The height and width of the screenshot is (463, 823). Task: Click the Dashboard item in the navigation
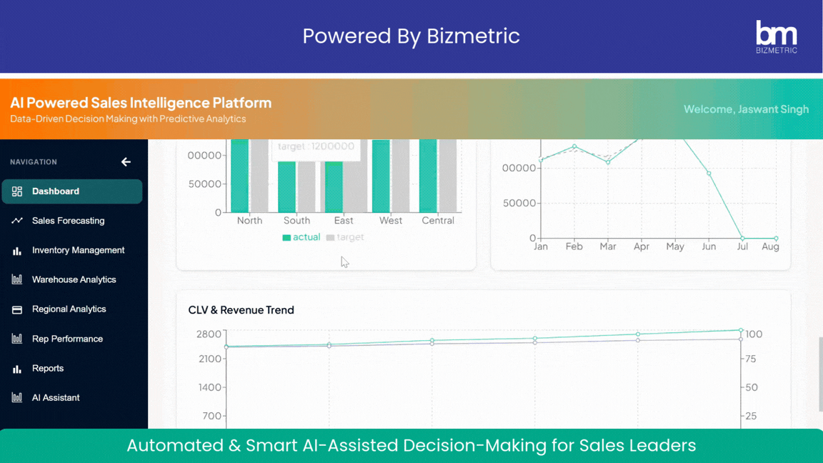[x=56, y=191]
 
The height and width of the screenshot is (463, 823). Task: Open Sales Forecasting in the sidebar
[x=68, y=221]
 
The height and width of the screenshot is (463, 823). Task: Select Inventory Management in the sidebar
[x=78, y=250]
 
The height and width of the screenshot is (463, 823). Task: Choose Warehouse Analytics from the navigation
[x=74, y=279]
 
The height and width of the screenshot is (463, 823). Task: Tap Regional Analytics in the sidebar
[x=69, y=309]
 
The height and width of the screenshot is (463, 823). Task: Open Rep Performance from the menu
[x=67, y=339]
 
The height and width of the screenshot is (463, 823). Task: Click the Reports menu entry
[x=48, y=368]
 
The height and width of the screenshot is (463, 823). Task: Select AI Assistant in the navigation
[x=56, y=397]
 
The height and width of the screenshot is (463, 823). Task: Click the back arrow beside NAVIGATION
[x=126, y=162]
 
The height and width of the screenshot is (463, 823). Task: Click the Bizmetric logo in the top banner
[x=776, y=36]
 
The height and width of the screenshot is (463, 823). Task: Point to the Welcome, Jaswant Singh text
[x=746, y=109]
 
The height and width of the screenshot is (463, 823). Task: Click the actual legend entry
[x=301, y=237]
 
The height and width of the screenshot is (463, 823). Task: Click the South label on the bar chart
[x=296, y=221]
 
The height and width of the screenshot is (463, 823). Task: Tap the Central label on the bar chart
[x=438, y=221]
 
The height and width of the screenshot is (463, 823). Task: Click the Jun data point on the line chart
[x=709, y=174]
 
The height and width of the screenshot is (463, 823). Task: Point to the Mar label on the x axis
[x=608, y=247]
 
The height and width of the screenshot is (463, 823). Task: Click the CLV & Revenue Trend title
[x=241, y=310]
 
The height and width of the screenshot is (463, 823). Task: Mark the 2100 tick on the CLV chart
[x=209, y=359]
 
